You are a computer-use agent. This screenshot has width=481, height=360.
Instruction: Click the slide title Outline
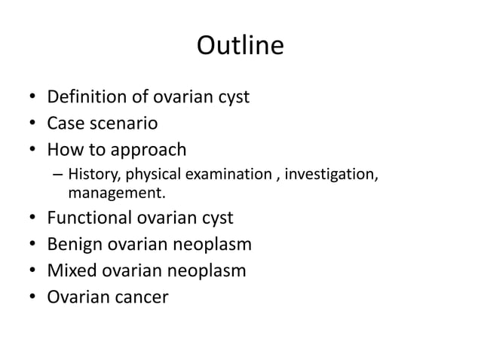[240, 46]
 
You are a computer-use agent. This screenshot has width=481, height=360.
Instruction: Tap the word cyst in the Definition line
[231, 97]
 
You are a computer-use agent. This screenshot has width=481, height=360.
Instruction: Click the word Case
[66, 122]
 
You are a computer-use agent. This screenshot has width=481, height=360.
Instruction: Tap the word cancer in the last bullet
[141, 295]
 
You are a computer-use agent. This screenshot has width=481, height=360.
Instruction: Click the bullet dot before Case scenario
[32, 123]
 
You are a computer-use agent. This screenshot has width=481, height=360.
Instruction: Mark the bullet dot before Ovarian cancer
[32, 296]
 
